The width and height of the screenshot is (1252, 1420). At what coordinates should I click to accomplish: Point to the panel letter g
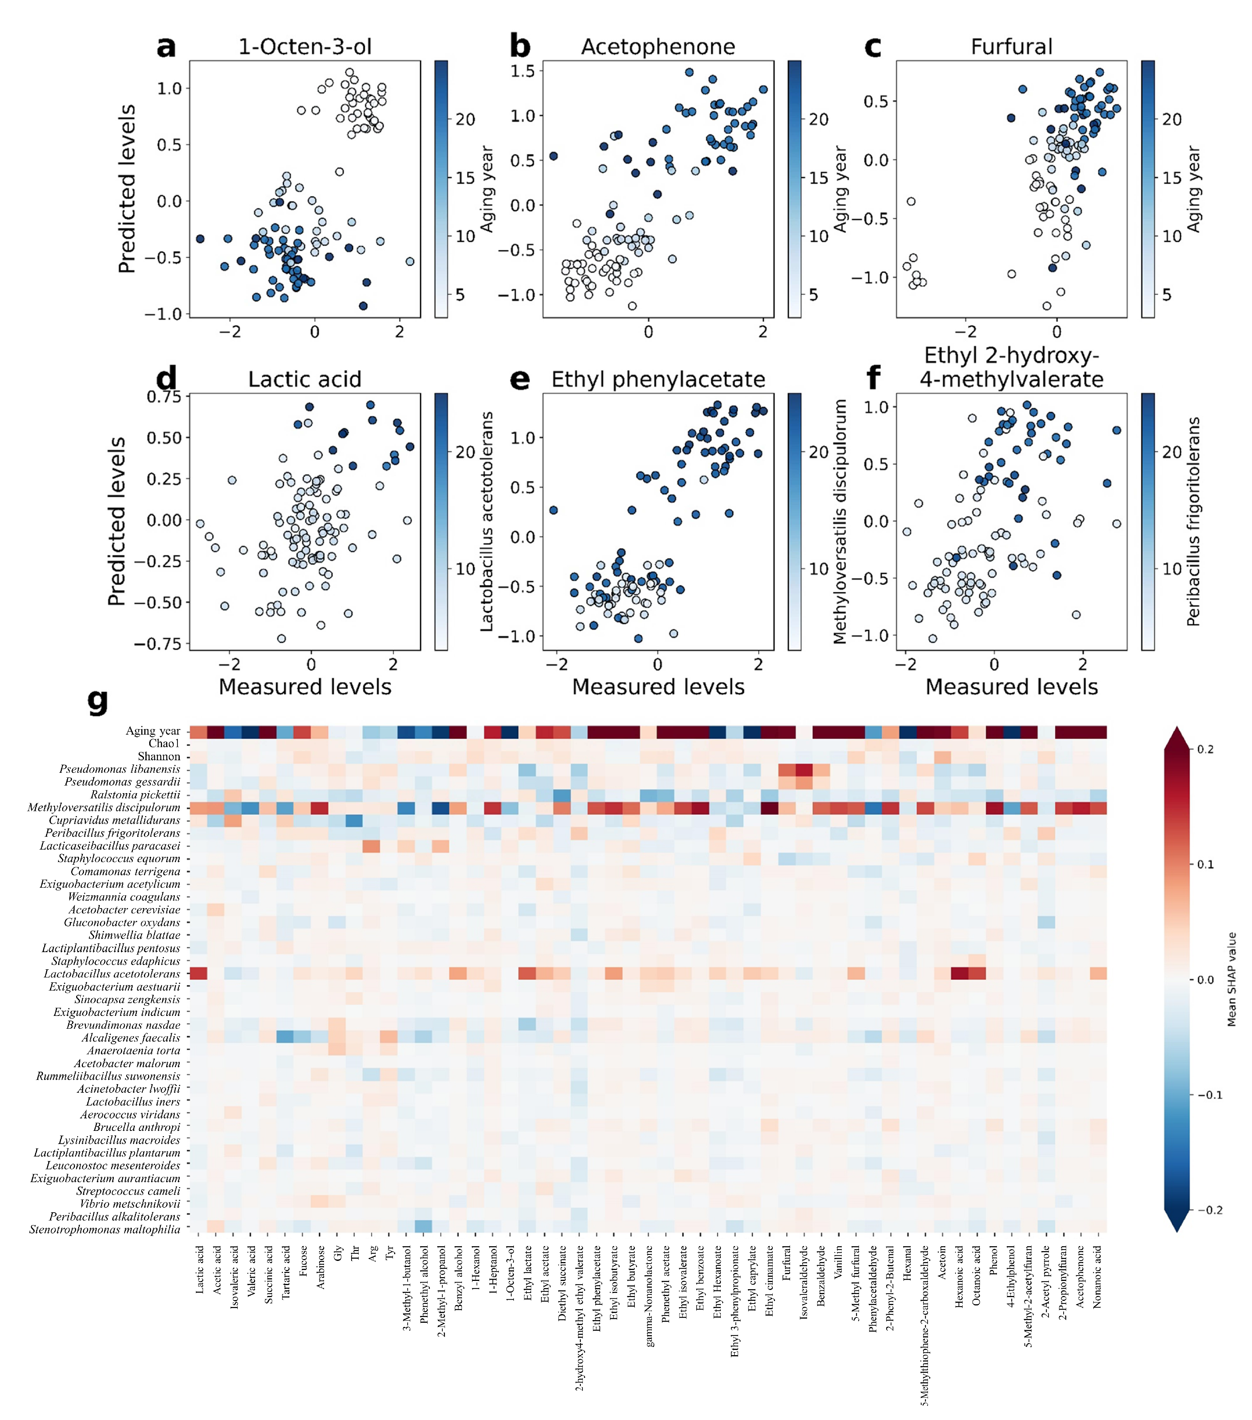(x=98, y=702)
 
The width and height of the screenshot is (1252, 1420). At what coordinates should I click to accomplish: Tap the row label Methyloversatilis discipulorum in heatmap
(x=104, y=808)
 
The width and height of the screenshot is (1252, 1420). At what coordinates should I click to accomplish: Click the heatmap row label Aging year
(x=153, y=731)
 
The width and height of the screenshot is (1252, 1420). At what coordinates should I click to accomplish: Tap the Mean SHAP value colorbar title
(x=1231, y=980)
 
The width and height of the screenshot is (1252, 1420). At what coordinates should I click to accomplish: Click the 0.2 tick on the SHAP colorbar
(x=1206, y=750)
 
